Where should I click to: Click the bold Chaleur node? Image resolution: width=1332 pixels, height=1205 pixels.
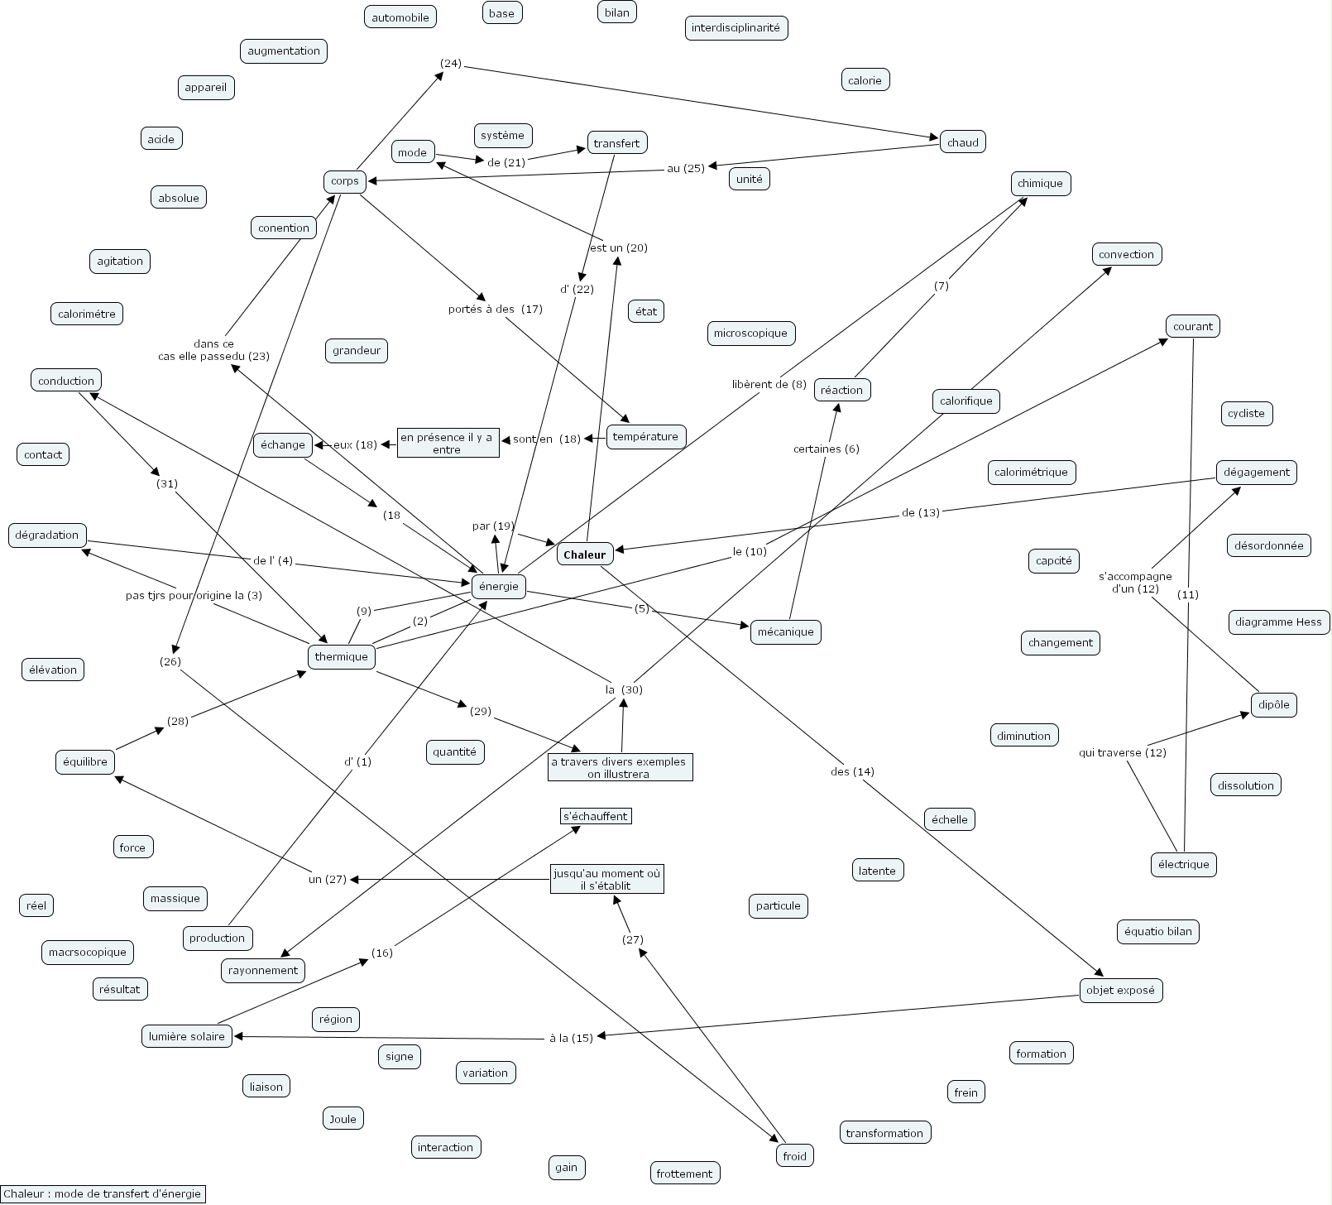click(x=584, y=554)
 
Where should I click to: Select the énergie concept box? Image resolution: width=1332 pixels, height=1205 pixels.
click(x=499, y=587)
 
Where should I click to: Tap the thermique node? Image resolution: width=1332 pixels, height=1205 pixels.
click(x=341, y=657)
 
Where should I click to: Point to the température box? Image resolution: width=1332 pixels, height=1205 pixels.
click(x=645, y=437)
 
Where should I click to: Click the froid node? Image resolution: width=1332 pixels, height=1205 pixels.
click(x=794, y=1156)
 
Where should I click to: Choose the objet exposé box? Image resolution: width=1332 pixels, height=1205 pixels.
click(x=1121, y=991)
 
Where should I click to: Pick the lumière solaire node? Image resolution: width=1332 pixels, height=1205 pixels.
click(x=187, y=1037)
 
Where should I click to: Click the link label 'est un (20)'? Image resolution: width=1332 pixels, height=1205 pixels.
click(x=618, y=247)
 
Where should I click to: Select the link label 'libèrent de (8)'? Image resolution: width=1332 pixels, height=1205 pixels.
click(x=769, y=384)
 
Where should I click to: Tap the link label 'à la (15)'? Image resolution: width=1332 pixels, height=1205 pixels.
click(x=571, y=1038)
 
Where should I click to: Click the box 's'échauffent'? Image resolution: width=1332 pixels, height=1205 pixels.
click(x=596, y=817)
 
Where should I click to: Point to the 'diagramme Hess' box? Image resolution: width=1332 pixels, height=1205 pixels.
click(x=1278, y=622)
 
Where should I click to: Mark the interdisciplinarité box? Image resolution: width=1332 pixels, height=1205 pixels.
click(x=735, y=28)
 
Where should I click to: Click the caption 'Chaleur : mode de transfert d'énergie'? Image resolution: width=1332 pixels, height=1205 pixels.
click(x=102, y=1193)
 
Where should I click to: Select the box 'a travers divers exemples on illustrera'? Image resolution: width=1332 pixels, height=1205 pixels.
click(x=619, y=768)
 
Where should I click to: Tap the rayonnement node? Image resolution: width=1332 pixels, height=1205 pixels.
click(x=263, y=971)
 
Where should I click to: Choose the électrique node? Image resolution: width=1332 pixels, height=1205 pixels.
click(x=1183, y=865)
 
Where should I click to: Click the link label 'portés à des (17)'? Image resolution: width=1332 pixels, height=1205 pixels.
click(x=495, y=309)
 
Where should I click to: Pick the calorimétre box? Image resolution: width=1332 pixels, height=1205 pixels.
click(x=87, y=314)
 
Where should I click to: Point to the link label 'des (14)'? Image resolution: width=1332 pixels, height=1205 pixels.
click(x=852, y=772)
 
